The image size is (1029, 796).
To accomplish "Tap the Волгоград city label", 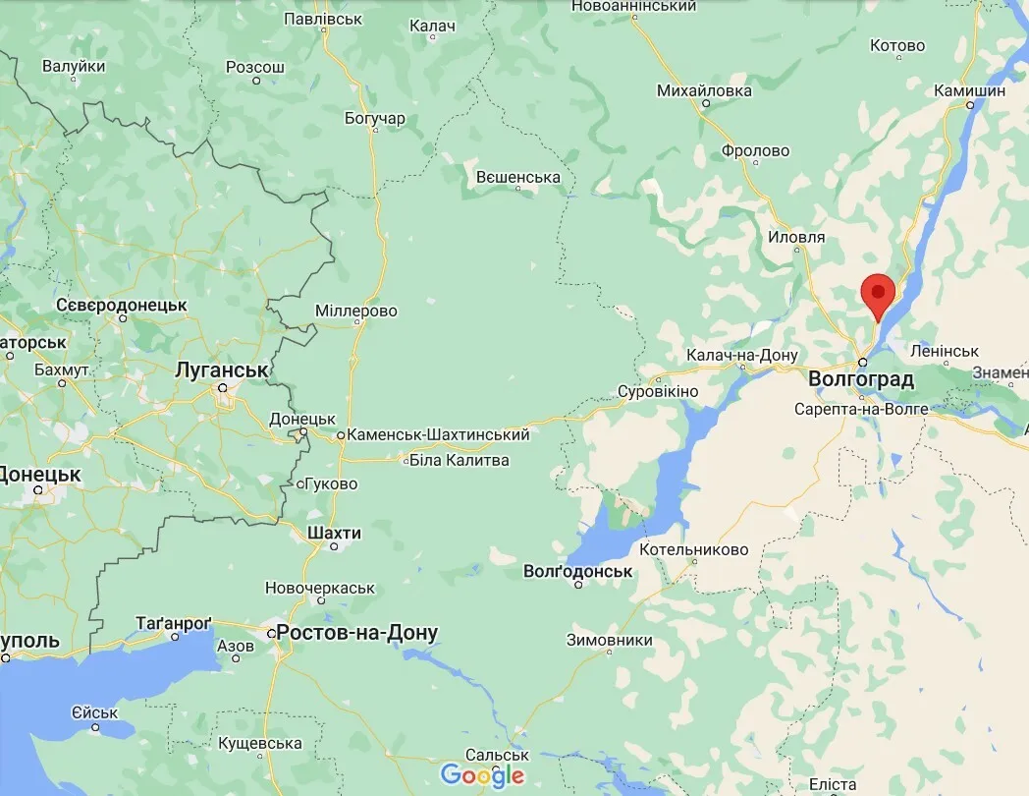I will click(860, 379).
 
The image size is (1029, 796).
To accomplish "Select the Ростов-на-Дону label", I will click(357, 633).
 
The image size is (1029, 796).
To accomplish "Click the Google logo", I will click(482, 776).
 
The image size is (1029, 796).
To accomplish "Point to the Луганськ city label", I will click(221, 370).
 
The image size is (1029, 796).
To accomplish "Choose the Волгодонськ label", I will click(578, 571).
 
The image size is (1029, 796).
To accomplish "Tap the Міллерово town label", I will click(355, 311).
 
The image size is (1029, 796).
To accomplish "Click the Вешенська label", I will click(517, 178).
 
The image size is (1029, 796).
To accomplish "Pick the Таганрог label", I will click(173, 623).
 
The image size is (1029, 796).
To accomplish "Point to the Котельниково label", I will click(693, 549).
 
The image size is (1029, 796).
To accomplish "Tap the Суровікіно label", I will click(657, 391).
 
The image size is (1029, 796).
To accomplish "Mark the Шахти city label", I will click(334, 533).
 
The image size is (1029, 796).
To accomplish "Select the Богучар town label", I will click(375, 119).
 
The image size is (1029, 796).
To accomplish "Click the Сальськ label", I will click(497, 755).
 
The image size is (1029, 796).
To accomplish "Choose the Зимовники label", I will click(609, 640).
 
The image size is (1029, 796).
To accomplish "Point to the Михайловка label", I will click(704, 90).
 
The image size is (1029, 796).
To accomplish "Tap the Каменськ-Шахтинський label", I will click(438, 434).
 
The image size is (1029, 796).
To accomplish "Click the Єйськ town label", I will click(95, 712).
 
